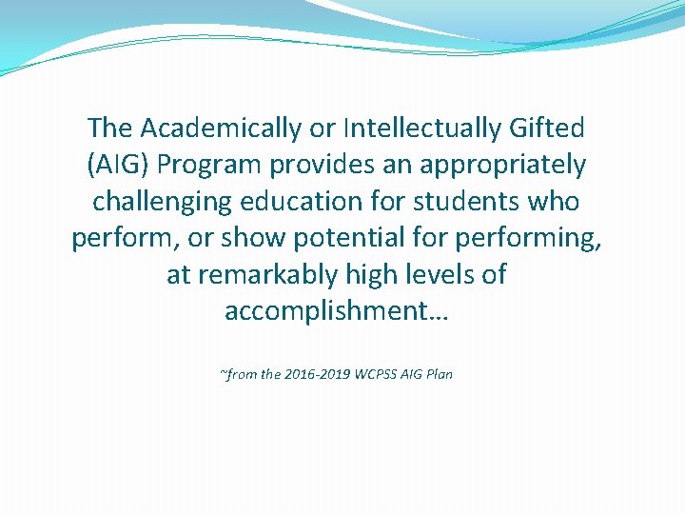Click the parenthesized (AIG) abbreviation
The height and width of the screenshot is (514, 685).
(x=118, y=165)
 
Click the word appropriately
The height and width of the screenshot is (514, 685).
(x=499, y=165)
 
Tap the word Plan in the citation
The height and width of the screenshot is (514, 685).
(x=440, y=374)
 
